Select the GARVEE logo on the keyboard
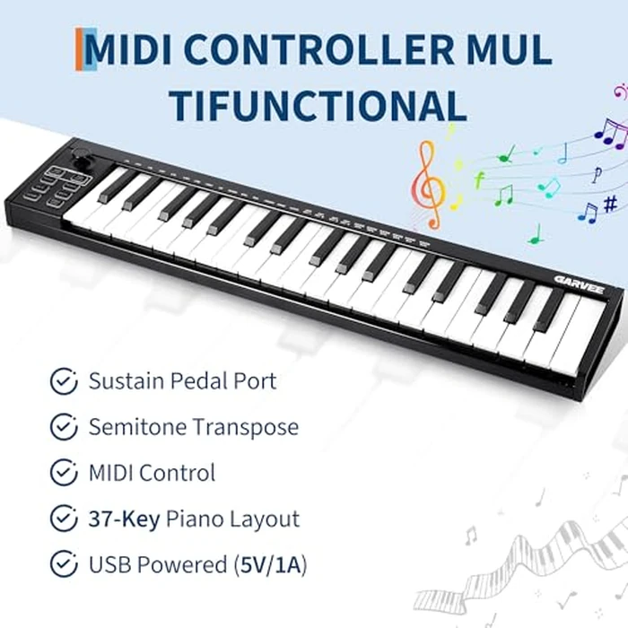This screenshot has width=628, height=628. point(578,281)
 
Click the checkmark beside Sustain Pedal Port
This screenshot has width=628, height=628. point(63,381)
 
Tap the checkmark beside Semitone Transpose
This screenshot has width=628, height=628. point(63,427)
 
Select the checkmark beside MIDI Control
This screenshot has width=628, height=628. point(63,473)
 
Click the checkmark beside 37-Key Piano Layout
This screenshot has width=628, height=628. point(63,519)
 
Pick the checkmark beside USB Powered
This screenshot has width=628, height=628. point(63,565)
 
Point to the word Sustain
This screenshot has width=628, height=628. point(126,381)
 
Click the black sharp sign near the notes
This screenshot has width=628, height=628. point(610,205)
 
